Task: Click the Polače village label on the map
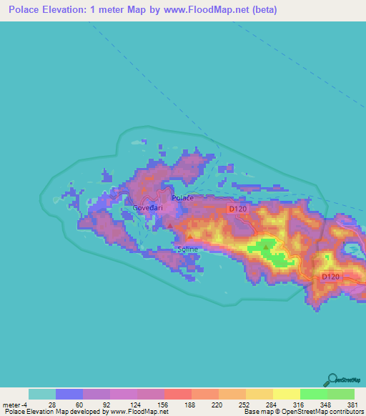(182, 198)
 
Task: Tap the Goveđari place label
(148, 208)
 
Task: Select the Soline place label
(187, 249)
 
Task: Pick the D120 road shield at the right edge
(329, 277)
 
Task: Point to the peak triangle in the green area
(266, 248)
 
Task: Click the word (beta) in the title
(262, 11)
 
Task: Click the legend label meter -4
(14, 404)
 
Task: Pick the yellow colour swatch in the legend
(286, 394)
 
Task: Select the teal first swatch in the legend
(42, 394)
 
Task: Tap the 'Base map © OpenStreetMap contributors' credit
(303, 412)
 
